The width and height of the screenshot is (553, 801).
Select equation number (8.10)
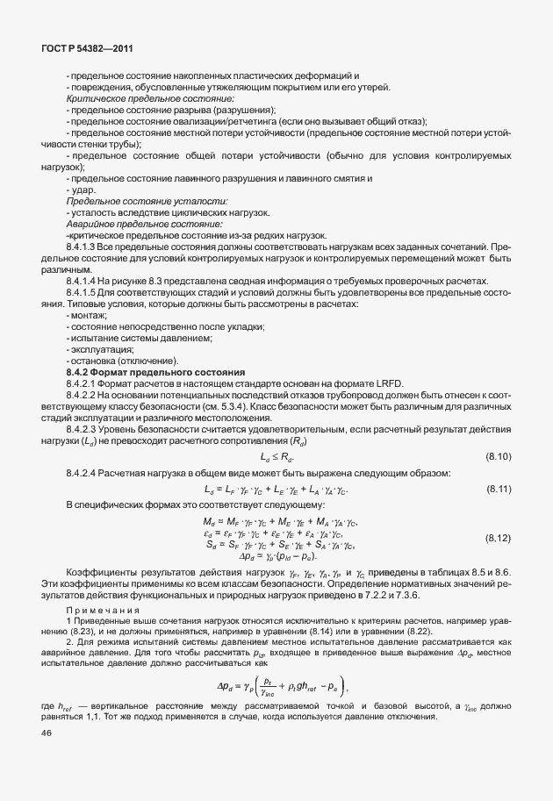(498, 457)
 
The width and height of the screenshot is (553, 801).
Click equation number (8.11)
(498, 489)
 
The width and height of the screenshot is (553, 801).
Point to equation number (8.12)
(498, 538)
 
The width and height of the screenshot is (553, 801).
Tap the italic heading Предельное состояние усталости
(121, 202)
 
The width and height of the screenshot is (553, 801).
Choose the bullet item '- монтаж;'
(87, 316)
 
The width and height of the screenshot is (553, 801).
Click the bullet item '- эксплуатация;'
(94, 350)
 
